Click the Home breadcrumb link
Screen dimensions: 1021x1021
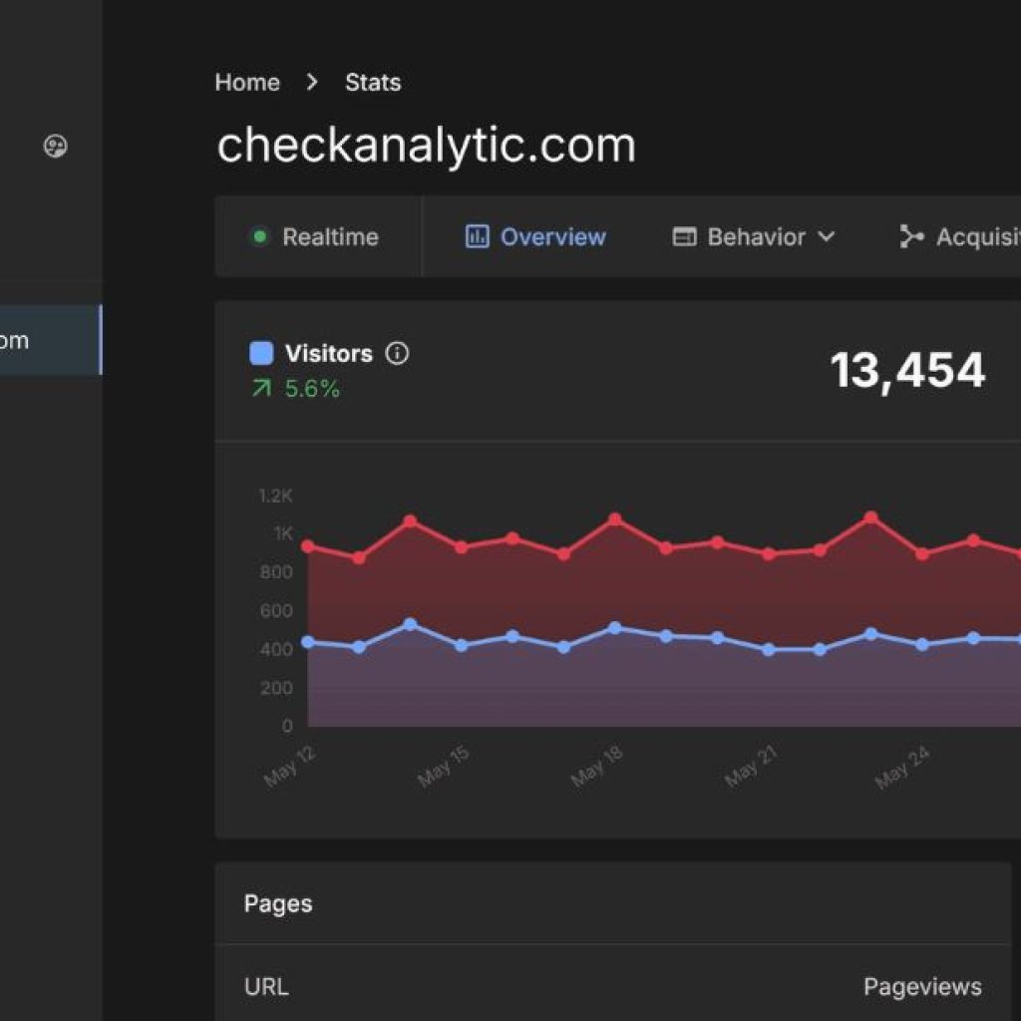click(x=247, y=83)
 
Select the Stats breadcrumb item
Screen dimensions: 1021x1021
click(x=373, y=83)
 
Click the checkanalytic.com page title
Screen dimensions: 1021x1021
click(x=426, y=146)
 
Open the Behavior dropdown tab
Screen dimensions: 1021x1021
click(x=754, y=237)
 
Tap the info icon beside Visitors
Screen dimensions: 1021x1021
click(x=397, y=354)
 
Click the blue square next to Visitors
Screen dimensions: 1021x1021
click(x=261, y=354)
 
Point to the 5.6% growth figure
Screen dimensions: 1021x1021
click(x=312, y=389)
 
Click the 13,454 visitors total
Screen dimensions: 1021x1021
click(x=907, y=371)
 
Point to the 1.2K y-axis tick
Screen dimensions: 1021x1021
click(x=276, y=496)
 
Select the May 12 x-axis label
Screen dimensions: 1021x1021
click(x=290, y=766)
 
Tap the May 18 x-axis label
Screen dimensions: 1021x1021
click(x=597, y=766)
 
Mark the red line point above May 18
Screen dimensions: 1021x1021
click(x=615, y=519)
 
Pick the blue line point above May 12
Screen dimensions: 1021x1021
click(x=308, y=642)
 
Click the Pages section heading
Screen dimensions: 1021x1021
click(x=278, y=904)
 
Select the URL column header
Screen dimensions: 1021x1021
click(x=266, y=987)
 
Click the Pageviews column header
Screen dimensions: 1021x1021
click(x=922, y=987)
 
